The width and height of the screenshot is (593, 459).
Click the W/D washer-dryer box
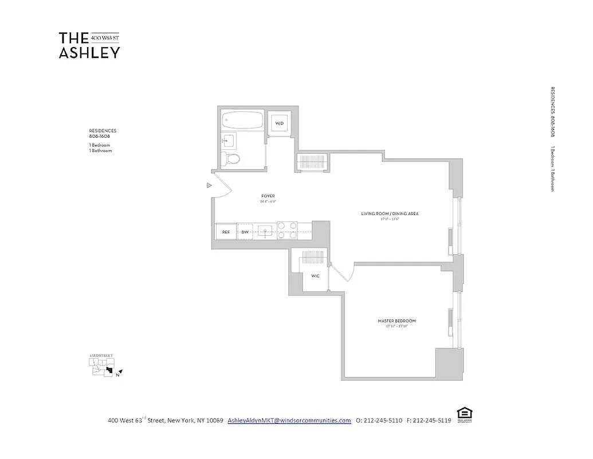tap(280, 123)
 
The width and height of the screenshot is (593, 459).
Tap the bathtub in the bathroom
tap(242, 120)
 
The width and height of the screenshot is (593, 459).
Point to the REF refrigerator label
tap(226, 232)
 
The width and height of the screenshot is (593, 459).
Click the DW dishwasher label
tap(245, 232)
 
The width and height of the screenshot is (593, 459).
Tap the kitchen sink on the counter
tap(265, 231)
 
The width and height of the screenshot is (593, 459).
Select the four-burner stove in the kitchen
tap(287, 230)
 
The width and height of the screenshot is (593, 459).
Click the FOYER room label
tap(268, 196)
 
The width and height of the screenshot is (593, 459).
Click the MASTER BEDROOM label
tap(396, 321)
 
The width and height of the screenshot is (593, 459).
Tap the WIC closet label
tap(315, 276)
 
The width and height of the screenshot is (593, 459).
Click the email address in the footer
tap(289, 421)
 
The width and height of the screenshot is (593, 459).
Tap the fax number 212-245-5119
tap(432, 421)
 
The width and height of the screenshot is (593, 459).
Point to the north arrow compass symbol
tap(120, 372)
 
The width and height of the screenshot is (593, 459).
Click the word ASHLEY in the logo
tap(89, 52)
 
